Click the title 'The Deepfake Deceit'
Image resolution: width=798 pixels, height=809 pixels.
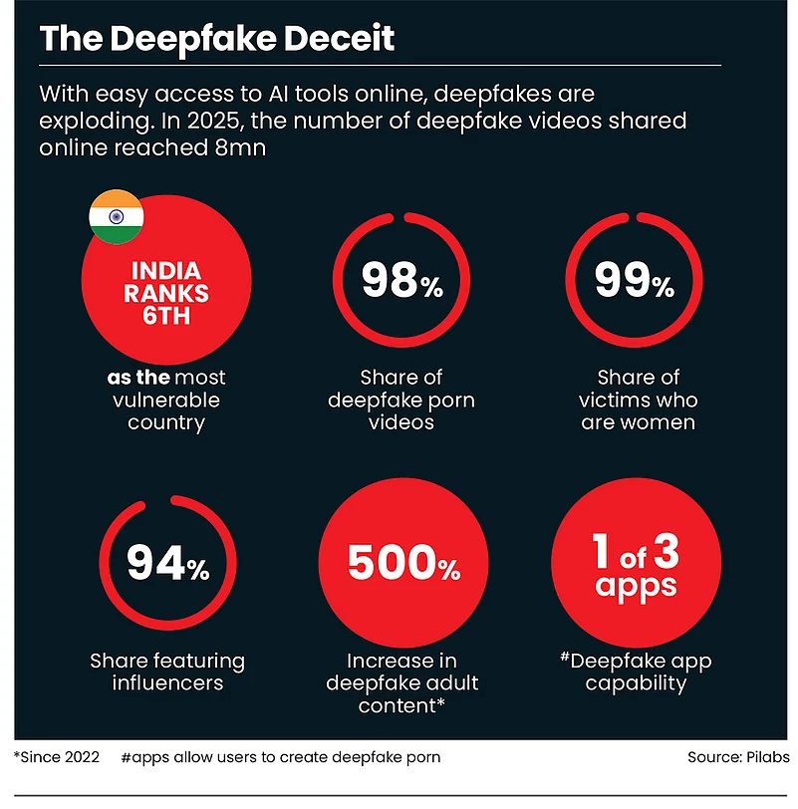click(x=216, y=39)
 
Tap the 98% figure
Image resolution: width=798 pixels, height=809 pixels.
click(x=402, y=282)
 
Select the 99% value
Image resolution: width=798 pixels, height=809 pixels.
click(x=635, y=282)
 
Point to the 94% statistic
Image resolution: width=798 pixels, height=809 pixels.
click(x=167, y=566)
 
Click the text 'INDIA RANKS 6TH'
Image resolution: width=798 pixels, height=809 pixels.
click(x=167, y=293)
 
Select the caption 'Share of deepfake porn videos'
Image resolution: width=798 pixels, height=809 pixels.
click(x=402, y=400)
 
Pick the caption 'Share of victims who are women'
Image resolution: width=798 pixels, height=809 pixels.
click(x=638, y=400)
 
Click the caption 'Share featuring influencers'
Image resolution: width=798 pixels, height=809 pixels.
click(x=167, y=672)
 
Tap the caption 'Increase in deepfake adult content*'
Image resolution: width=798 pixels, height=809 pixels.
click(x=402, y=682)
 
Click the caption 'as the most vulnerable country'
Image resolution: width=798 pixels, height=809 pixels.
click(x=167, y=400)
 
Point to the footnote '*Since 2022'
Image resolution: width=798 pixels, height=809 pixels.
click(x=57, y=756)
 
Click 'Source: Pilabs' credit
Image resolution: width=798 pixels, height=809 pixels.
click(x=737, y=756)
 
